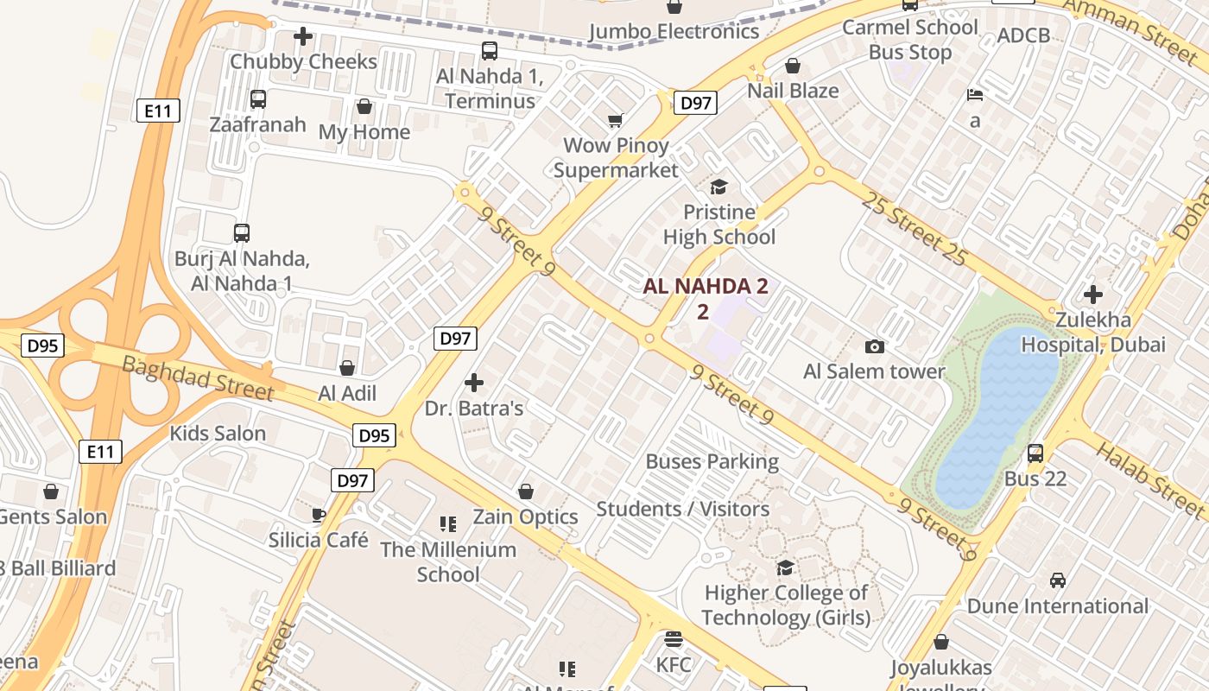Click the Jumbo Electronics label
click(674, 32)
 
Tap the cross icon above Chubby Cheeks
click(303, 36)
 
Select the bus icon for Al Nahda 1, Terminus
click(490, 51)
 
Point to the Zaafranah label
click(257, 124)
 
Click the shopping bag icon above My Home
click(364, 106)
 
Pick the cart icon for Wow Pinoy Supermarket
click(615, 120)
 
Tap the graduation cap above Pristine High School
click(718, 187)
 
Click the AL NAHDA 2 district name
click(705, 287)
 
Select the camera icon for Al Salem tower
click(875, 346)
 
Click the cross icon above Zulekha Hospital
click(1093, 295)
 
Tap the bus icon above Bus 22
click(1035, 453)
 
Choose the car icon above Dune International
click(1058, 580)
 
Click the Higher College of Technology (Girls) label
click(785, 605)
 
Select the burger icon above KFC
click(674, 639)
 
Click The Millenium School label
click(448, 561)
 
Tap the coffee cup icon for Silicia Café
click(318, 515)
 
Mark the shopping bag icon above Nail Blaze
click(793, 66)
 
